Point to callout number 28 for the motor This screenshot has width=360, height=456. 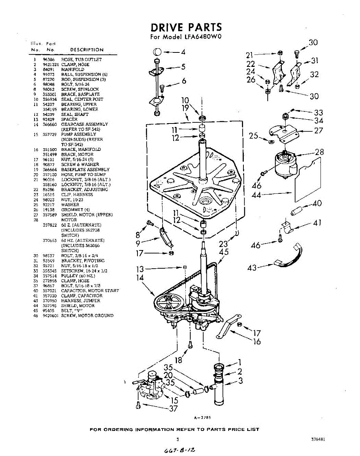click(x=319, y=152)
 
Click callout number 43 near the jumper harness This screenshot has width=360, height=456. click(x=252, y=268)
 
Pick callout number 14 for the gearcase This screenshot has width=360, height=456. click(x=141, y=277)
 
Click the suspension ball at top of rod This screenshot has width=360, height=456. click(x=158, y=52)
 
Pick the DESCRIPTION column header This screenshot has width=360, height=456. click(x=87, y=50)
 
